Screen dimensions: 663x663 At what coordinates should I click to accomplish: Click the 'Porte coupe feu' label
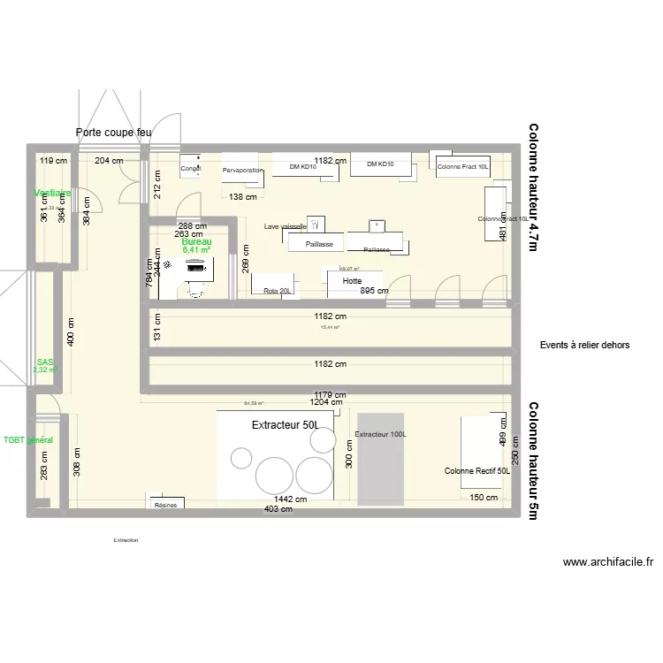(113, 133)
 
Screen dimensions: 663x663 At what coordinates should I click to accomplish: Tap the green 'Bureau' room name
(196, 241)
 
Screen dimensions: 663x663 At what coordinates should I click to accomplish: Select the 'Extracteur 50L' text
(285, 426)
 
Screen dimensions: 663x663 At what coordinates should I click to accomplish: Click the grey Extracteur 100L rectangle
(380, 460)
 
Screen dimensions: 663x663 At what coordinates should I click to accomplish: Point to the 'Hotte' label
(353, 281)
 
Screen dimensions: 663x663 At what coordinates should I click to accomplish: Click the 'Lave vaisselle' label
(285, 227)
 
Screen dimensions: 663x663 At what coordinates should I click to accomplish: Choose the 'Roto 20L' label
(277, 291)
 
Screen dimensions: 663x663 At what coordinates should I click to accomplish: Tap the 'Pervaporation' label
(243, 170)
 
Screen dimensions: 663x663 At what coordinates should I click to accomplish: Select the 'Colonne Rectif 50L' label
(477, 471)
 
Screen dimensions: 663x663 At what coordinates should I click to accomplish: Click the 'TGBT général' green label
(28, 439)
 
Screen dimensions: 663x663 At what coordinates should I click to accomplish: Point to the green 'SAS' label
(45, 362)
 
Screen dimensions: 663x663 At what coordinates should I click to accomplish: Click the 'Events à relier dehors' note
(584, 345)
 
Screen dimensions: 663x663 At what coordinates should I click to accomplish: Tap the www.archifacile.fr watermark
(607, 561)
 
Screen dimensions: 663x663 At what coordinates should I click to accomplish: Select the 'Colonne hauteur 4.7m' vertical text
(533, 188)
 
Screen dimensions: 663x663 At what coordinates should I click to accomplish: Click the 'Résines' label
(165, 505)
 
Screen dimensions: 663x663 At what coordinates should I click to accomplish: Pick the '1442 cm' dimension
(289, 499)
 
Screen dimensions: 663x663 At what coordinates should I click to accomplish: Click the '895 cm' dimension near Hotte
(374, 291)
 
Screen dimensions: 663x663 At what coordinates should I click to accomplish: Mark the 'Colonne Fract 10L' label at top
(462, 167)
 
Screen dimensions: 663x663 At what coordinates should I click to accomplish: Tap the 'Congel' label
(191, 168)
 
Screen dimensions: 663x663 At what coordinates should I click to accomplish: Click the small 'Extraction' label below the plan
(126, 539)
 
